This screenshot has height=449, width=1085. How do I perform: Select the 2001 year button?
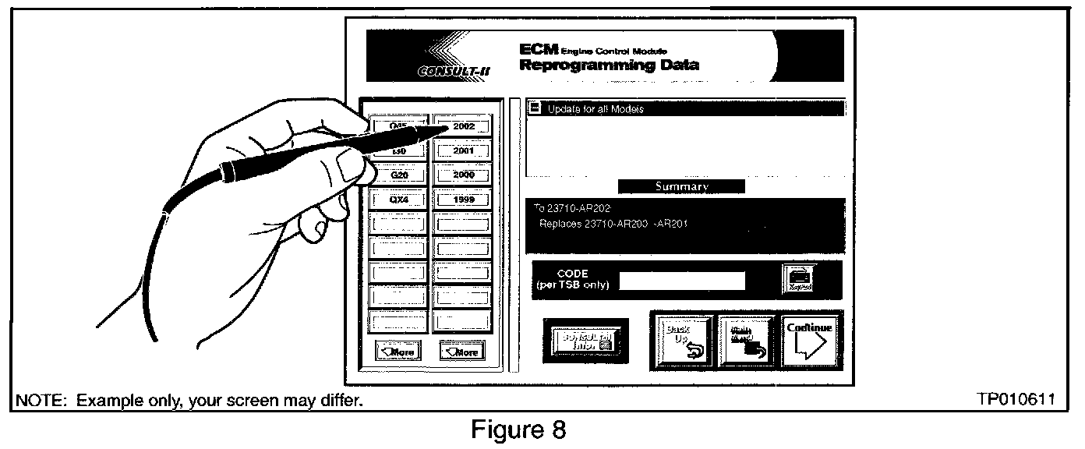coord(463,150)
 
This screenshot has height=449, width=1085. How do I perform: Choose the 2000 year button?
coord(463,175)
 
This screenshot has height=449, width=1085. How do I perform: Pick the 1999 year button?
coord(463,200)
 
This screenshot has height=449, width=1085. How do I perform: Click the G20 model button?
coord(398,175)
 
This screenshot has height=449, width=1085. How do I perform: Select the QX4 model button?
coord(398,200)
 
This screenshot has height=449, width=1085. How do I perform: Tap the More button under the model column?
coord(397,352)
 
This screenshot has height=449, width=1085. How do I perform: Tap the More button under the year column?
coord(462,352)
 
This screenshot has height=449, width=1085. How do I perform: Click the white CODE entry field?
coord(682,281)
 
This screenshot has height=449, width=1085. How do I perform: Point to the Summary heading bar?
coord(681,187)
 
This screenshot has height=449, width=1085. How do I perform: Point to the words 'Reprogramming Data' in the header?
coord(609,65)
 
